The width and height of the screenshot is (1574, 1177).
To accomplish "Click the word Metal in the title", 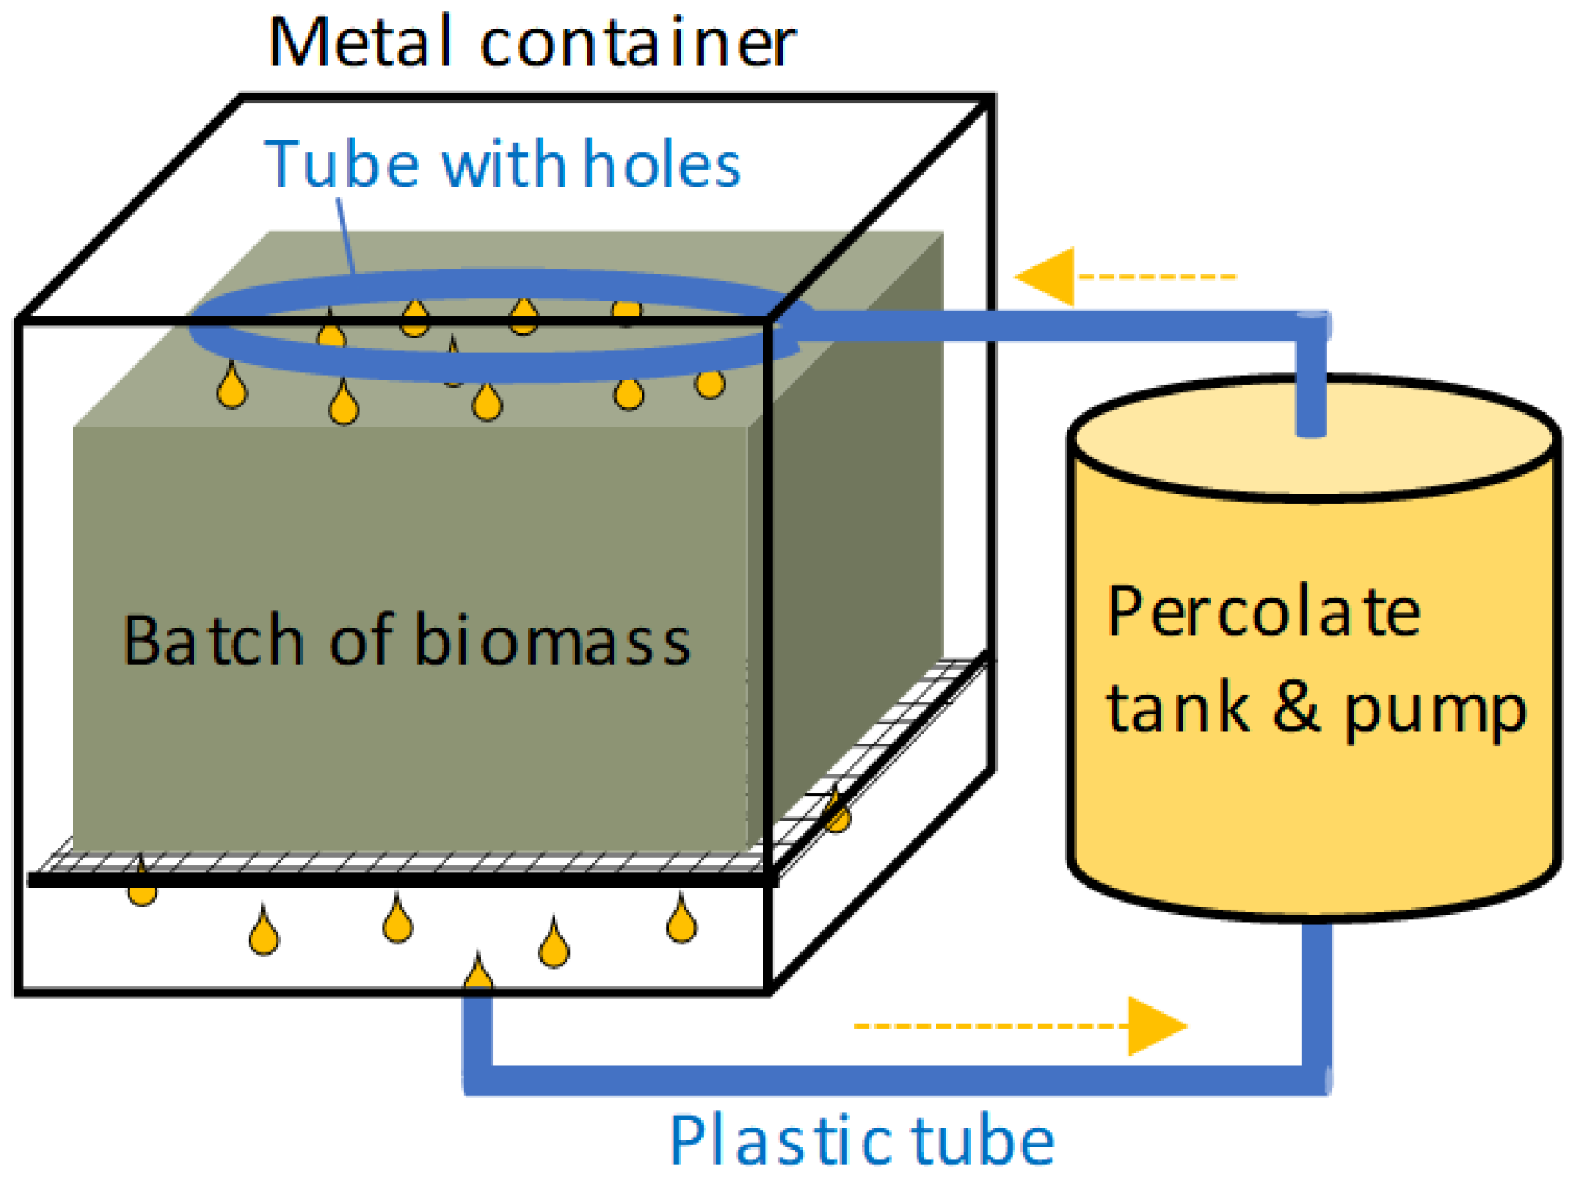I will (360, 43).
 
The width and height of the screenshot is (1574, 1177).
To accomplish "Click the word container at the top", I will (638, 43).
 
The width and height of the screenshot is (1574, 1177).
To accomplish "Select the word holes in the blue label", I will (661, 165).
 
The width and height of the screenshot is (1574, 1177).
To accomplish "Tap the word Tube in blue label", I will (343, 165).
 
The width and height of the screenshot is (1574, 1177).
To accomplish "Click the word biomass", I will (552, 641).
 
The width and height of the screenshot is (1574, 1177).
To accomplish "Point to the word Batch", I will (213, 641).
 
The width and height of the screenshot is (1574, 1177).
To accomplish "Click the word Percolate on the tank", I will (1263, 612).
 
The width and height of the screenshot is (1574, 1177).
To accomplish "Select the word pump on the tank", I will (1435, 711).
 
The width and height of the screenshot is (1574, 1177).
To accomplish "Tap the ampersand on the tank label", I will (1297, 707).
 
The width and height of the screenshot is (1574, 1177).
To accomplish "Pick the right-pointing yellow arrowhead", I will (1156, 1025).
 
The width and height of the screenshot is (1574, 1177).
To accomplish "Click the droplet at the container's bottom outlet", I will (478, 974).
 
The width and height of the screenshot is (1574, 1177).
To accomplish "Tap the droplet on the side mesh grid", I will (837, 813).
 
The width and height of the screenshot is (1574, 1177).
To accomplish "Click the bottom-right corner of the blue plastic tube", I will (1315, 1080).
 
